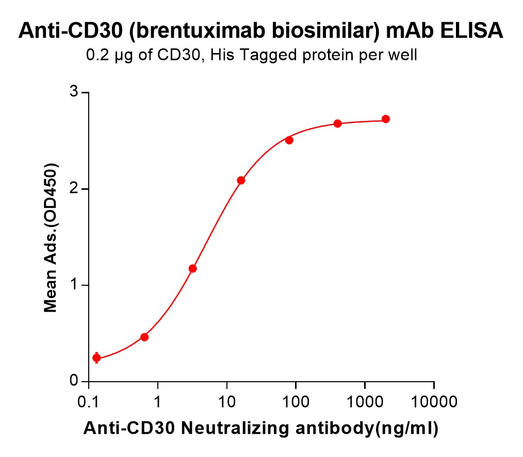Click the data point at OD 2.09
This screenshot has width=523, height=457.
click(241, 180)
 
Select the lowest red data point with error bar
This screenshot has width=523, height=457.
click(96, 358)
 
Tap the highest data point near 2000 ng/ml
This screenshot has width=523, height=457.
click(385, 119)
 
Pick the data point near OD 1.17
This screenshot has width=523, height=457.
click(192, 268)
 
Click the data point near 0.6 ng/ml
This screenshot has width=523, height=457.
click(144, 337)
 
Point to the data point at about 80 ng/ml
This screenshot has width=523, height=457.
click(289, 140)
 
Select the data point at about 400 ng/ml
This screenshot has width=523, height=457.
click(337, 123)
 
